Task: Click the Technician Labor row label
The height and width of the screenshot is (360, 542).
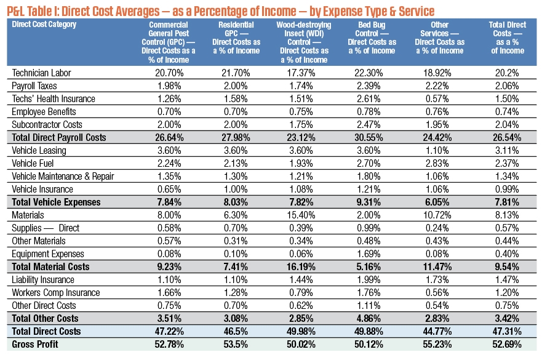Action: pyautogui.click(x=41, y=73)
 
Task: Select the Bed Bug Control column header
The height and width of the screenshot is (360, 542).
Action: pyautogui.click(x=372, y=38)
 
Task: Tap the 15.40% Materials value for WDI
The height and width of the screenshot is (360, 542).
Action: pyautogui.click(x=301, y=215)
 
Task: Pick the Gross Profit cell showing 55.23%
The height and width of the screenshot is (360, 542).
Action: pyautogui.click(x=437, y=345)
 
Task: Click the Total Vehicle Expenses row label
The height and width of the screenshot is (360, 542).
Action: pyautogui.click(x=56, y=202)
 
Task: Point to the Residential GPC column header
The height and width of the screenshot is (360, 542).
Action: pyautogui.click(x=236, y=38)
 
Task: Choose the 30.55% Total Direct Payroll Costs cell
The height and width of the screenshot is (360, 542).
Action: pyautogui.click(x=369, y=138)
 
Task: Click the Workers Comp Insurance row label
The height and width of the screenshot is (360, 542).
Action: pyautogui.click(x=55, y=293)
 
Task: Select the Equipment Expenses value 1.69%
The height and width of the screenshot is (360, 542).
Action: pyautogui.click(x=369, y=254)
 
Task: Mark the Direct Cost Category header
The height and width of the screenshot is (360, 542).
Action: pyautogui.click(x=44, y=25)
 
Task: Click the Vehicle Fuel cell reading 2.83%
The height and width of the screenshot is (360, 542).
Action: pyautogui.click(x=437, y=163)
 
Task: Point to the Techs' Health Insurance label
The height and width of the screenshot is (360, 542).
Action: pyautogui.click(x=54, y=99)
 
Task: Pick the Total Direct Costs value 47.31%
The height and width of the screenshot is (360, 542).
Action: pyautogui.click(x=507, y=332)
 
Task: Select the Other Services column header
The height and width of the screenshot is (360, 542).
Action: pyautogui.click(x=440, y=38)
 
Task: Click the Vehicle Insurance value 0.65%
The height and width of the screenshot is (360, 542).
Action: pyautogui.click(x=169, y=189)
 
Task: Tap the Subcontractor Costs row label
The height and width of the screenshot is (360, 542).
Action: pyautogui.click(x=47, y=125)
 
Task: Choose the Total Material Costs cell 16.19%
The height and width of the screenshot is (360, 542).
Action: pyautogui.click(x=301, y=267)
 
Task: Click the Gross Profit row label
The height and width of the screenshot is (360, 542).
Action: pyautogui.click(x=35, y=345)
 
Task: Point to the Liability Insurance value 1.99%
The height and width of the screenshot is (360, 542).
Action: pyautogui.click(x=369, y=280)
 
